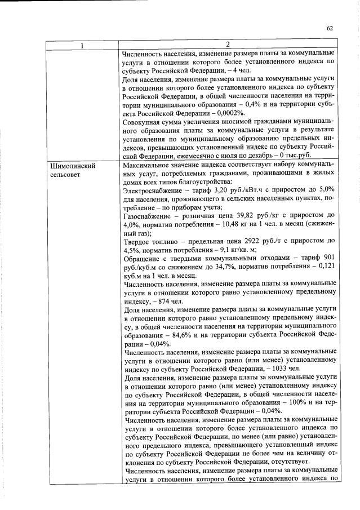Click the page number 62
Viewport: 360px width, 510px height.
pyautogui.click(x=330, y=28)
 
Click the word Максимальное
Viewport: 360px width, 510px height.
pyautogui.click(x=147, y=166)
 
